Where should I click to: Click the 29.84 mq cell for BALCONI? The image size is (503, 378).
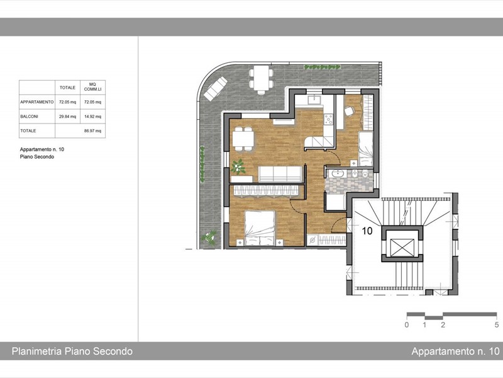pyautogui.click(x=67, y=116)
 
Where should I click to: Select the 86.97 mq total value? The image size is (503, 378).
pyautogui.click(x=92, y=131)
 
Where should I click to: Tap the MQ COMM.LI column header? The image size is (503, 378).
pyautogui.click(x=92, y=88)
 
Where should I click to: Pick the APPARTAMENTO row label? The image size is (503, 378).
pyautogui.click(x=37, y=101)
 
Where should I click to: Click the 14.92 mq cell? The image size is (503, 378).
pyautogui.click(x=92, y=116)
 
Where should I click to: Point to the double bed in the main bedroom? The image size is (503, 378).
pyautogui.click(x=260, y=228)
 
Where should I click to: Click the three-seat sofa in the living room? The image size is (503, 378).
pyautogui.click(x=279, y=173)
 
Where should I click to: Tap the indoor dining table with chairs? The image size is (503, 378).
pyautogui.click(x=243, y=138)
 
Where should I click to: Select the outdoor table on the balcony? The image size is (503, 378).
pyautogui.click(x=261, y=79)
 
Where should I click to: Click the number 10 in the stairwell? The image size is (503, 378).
pyautogui.click(x=367, y=231)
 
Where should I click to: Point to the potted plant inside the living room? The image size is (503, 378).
pyautogui.click(x=239, y=167)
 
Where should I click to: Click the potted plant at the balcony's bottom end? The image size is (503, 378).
pyautogui.click(x=209, y=238)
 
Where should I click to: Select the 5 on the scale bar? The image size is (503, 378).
pyautogui.click(x=496, y=325)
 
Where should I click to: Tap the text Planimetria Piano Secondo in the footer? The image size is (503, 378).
pyautogui.click(x=72, y=352)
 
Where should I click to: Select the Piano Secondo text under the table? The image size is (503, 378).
pyautogui.click(x=37, y=157)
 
